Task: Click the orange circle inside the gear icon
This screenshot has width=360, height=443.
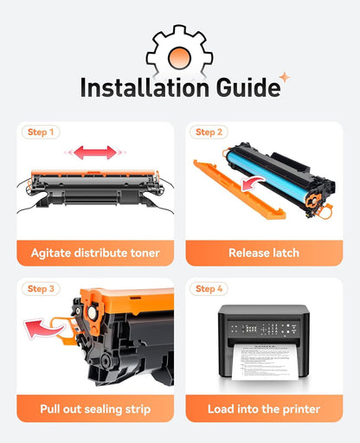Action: [x=179, y=58]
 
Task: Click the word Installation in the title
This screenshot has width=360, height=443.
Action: [x=145, y=87]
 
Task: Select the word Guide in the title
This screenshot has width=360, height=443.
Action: [x=248, y=87]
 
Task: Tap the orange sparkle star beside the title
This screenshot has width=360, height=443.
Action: [x=285, y=77]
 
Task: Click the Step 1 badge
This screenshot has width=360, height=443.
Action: [x=41, y=132]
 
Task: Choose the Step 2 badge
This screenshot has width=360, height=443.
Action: [x=209, y=132]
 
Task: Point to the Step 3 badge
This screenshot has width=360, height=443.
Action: [x=41, y=289]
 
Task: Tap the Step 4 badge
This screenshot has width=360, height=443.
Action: [x=209, y=289]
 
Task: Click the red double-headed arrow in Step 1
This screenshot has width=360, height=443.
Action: [x=95, y=152]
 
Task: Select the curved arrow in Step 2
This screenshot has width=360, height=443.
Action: [x=252, y=183]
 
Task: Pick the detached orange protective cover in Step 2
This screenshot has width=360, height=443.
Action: [x=239, y=189]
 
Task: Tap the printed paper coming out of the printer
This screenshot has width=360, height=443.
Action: [x=265, y=362]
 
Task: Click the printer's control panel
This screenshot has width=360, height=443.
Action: [x=264, y=329]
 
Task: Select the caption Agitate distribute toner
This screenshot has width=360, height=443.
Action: [x=95, y=253]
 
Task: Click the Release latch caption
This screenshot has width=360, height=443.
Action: [x=264, y=253]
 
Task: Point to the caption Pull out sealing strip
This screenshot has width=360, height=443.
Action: [x=95, y=409]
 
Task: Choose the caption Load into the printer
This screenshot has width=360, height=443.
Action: [x=264, y=409]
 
